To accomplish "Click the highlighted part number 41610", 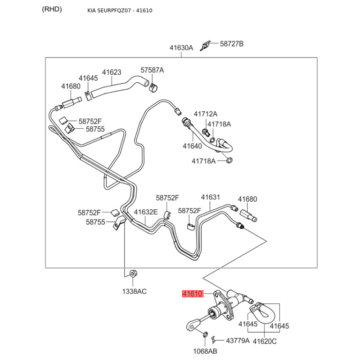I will coord(193,294).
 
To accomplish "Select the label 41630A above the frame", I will coord(181,47).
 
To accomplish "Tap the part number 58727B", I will coord(231,44).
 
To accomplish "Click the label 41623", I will coord(112,72).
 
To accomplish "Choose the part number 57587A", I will coord(152,70).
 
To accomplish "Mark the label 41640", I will coord(192,146).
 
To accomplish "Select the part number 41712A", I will coord(205,114).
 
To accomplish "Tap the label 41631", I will coord(210,197).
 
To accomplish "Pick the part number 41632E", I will coord(146,211).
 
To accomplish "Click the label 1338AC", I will coord(135,291).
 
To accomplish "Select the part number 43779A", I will coord(238,341).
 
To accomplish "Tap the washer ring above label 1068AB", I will coord(205,335).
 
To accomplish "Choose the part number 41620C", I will coord(265,341).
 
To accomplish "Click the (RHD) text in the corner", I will coord(52,9).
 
